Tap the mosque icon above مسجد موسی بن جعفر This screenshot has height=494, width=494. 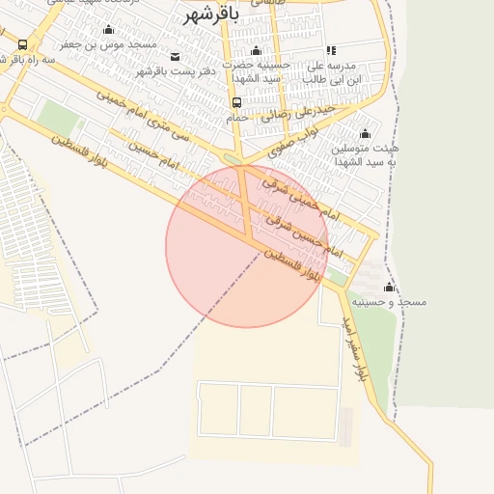click(108, 30)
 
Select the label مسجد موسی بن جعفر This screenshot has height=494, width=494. click(108, 44)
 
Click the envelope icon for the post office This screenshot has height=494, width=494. click(174, 56)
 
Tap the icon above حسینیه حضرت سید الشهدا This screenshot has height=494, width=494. click(255, 50)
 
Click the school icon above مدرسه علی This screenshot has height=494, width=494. click(331, 50)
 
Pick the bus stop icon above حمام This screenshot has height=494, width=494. click(236, 102)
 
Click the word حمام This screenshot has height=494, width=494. click(236, 117)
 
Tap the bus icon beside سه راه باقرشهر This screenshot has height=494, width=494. click(22, 44)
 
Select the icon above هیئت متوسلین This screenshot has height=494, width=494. click(365, 134)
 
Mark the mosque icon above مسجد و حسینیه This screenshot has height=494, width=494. click(389, 288)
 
